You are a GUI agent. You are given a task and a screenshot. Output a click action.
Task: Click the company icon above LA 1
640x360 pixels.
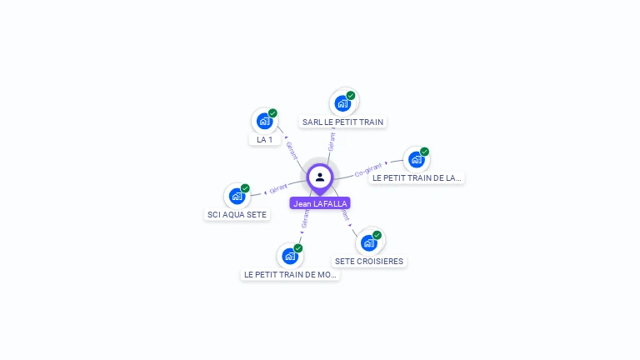(x=264, y=121)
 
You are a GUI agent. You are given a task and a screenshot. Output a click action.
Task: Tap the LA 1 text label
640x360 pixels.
(x=265, y=139)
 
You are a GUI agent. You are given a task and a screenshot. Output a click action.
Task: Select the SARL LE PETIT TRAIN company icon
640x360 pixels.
(x=342, y=103)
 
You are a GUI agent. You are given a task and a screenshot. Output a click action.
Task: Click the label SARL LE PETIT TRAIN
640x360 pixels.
(x=342, y=122)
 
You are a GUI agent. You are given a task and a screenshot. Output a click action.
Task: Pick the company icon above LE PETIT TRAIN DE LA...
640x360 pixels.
(x=416, y=159)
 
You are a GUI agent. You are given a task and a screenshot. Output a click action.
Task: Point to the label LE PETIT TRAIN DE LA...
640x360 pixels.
(x=417, y=177)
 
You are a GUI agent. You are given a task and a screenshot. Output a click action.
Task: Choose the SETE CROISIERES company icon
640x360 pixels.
(x=368, y=242)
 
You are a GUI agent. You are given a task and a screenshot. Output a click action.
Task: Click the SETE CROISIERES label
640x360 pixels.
(x=369, y=261)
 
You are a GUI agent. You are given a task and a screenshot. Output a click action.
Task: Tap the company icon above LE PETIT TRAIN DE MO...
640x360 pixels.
(x=289, y=256)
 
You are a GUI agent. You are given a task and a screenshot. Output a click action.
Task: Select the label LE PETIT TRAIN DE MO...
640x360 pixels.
(x=290, y=274)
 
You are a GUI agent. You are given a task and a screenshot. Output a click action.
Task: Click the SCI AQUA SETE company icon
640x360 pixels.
(x=237, y=196)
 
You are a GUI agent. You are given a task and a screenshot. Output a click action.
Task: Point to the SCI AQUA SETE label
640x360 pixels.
(x=237, y=214)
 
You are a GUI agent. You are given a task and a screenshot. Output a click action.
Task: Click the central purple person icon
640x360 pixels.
(x=320, y=177)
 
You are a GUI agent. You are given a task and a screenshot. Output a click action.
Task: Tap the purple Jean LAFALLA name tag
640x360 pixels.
(x=320, y=203)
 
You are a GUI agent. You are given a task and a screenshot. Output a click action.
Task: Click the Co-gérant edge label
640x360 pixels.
(x=367, y=171)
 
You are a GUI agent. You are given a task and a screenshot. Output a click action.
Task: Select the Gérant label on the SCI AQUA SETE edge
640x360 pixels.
(x=277, y=188)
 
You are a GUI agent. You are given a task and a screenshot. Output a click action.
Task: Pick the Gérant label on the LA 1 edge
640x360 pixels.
(x=292, y=150)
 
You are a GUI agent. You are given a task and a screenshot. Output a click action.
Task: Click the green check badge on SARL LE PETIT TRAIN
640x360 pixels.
(x=351, y=95)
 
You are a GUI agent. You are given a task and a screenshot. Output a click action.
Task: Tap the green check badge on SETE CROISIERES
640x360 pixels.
(x=377, y=235)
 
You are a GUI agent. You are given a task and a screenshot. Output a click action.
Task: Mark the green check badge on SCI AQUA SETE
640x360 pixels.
(x=245, y=188)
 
